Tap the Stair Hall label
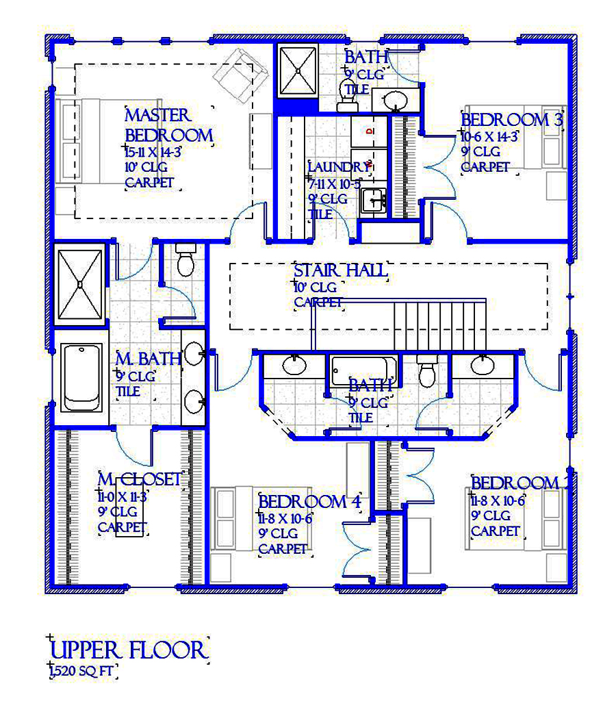(x=340, y=270)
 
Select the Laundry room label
(x=338, y=167)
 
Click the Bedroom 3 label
(x=512, y=120)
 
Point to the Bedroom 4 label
(x=309, y=502)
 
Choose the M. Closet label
(x=140, y=479)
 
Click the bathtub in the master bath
(x=81, y=378)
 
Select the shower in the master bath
(x=79, y=283)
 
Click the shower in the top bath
(x=298, y=71)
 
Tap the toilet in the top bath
(x=346, y=94)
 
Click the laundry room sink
(x=374, y=201)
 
